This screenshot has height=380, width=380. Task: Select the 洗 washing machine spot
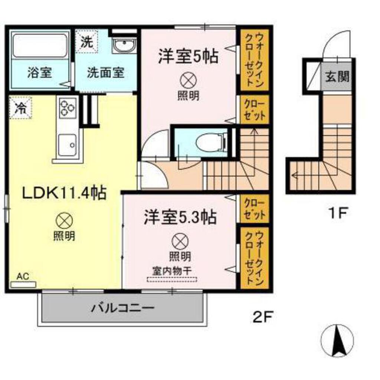coord(86,42)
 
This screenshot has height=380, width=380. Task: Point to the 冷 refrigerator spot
coord(21,108)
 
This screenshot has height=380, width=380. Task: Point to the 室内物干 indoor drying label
coord(173,271)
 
